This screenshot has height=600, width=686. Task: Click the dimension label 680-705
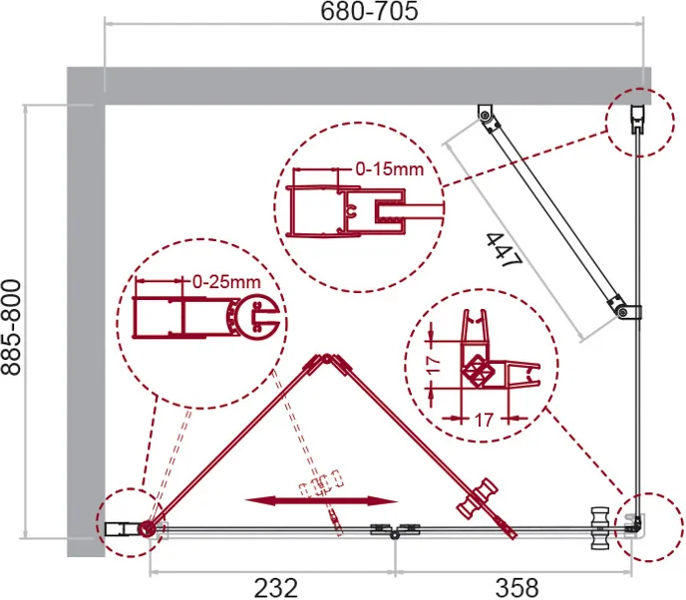pos(369,11)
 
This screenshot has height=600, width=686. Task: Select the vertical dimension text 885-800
pos(11,328)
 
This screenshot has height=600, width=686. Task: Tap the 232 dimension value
pos(275,588)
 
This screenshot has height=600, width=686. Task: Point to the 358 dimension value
pos(516,588)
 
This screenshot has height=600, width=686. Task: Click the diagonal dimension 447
pos(505,250)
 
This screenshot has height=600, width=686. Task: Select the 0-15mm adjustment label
pos(390,169)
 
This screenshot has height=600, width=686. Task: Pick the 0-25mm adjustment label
pos(226,282)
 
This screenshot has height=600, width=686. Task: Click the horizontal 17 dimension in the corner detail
pos(484,421)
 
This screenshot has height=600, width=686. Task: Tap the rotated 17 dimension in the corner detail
pos(434,365)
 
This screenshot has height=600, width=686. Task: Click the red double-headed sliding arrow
pos(321,500)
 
